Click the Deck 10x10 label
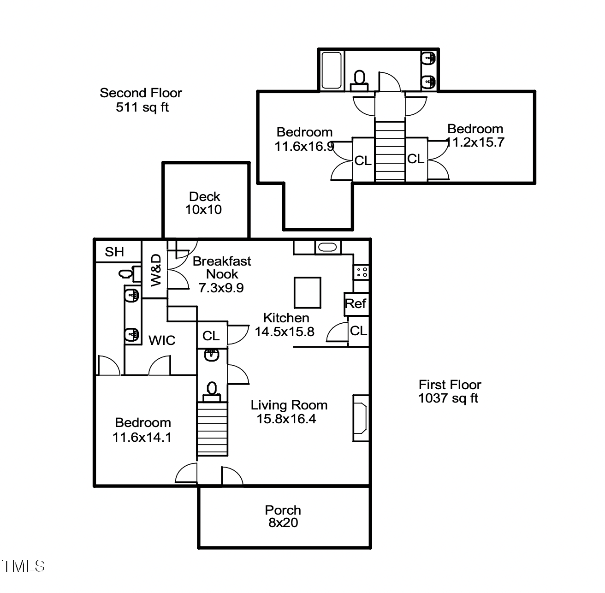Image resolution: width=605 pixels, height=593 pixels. pyautogui.click(x=204, y=203)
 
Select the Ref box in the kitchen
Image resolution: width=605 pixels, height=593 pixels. pyautogui.click(x=356, y=304)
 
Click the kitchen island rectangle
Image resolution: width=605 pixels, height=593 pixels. pyautogui.click(x=308, y=293)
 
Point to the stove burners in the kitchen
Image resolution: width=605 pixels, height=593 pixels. pyautogui.click(x=362, y=272)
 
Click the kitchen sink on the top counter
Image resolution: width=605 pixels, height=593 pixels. pyautogui.click(x=328, y=248)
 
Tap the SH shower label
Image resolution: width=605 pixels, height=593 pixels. pyautogui.click(x=114, y=252)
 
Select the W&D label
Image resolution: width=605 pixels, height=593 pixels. pyautogui.click(x=156, y=270)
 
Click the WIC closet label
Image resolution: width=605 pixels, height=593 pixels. pyautogui.click(x=162, y=340)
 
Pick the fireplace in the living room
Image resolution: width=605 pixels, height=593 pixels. pyautogui.click(x=361, y=418)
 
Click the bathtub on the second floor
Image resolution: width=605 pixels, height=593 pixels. pyautogui.click(x=332, y=71)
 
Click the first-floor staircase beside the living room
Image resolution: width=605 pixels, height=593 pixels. pyautogui.click(x=212, y=428)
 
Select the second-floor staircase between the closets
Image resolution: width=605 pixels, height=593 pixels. pyautogui.click(x=390, y=151)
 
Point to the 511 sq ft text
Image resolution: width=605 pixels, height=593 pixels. pyautogui.click(x=142, y=107)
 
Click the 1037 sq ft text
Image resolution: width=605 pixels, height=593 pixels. pyautogui.click(x=448, y=398)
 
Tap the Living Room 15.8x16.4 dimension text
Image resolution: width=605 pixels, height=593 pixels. pyautogui.click(x=286, y=419)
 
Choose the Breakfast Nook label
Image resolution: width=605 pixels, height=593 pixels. pyautogui.click(x=222, y=267)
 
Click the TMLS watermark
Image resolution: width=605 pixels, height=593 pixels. pyautogui.click(x=23, y=566)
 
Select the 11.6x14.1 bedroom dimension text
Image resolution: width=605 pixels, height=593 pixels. pyautogui.click(x=142, y=437)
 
